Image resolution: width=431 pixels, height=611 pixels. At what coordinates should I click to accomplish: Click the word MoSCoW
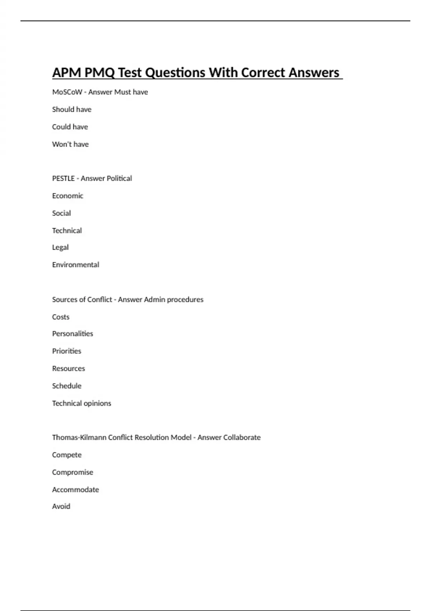(x=67, y=92)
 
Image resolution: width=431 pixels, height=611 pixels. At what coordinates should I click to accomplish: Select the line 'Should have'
(x=71, y=109)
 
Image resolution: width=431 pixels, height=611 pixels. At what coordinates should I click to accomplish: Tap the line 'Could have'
(x=70, y=127)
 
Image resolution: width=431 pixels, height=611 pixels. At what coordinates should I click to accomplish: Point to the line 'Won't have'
(x=70, y=144)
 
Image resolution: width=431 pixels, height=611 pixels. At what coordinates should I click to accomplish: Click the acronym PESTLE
(x=63, y=178)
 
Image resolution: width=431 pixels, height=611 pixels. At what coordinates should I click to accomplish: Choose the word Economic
(x=68, y=196)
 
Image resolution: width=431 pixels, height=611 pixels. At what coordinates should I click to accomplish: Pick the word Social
(x=61, y=213)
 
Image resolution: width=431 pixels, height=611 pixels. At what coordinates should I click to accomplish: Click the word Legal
(x=60, y=248)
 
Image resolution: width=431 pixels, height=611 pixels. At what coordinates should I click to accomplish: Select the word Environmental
(x=75, y=265)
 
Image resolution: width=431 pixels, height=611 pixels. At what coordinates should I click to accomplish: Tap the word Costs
(x=61, y=317)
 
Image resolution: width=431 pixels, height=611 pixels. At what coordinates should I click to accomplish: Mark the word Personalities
(x=73, y=334)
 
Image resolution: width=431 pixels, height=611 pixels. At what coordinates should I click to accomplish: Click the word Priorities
(x=66, y=351)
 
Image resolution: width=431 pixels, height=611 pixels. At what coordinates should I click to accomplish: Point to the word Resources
(x=68, y=368)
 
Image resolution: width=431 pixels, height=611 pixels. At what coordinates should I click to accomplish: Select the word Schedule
(x=66, y=386)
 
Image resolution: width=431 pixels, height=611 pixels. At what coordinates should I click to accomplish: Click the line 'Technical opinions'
(x=82, y=403)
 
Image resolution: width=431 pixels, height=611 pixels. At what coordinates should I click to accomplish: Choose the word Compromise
(x=73, y=472)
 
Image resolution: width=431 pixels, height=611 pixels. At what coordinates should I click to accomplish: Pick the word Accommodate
(x=75, y=490)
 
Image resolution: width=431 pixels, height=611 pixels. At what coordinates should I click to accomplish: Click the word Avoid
(x=61, y=506)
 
